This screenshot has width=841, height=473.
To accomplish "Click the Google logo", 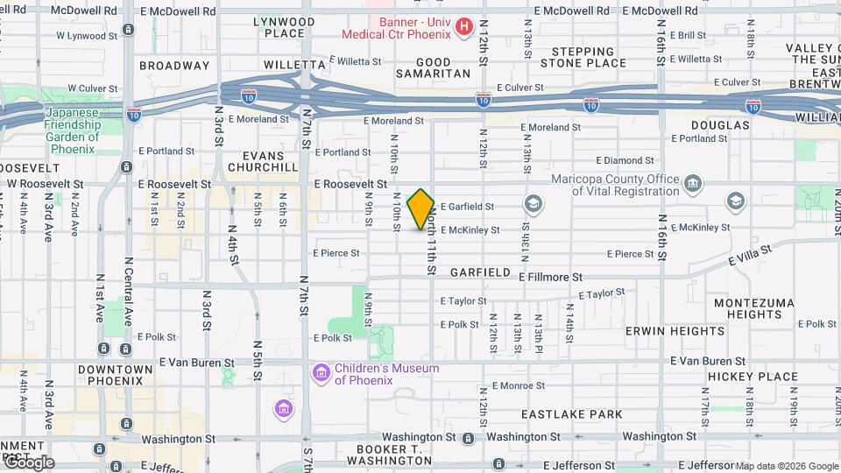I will [28, 462].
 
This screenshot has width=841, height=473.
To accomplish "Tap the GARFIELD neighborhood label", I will [480, 272].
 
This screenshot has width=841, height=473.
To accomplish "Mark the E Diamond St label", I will [625, 160].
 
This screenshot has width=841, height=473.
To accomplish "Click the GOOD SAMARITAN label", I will [433, 68].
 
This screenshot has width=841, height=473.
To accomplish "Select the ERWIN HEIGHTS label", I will [675, 331].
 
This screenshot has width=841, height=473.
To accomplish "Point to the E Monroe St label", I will [520, 385].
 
